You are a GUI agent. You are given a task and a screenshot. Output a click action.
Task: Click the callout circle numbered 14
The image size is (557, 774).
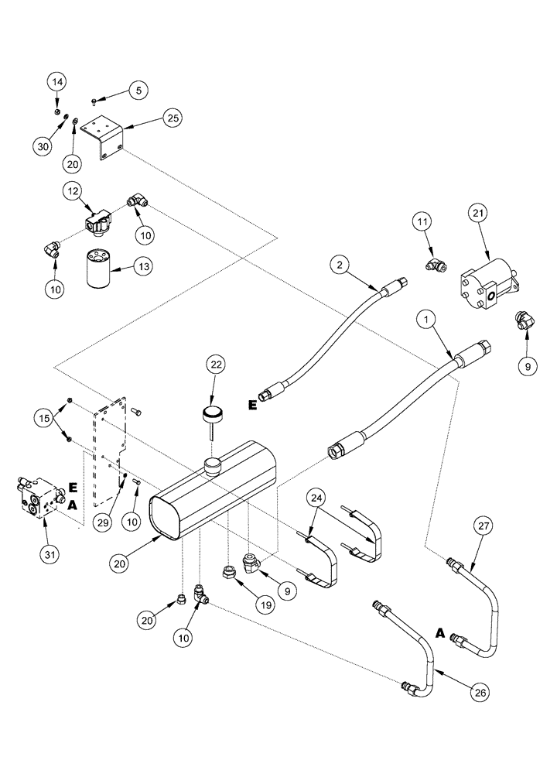pos(58,82)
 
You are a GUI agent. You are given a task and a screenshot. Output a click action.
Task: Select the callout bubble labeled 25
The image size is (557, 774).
pos(172,118)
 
